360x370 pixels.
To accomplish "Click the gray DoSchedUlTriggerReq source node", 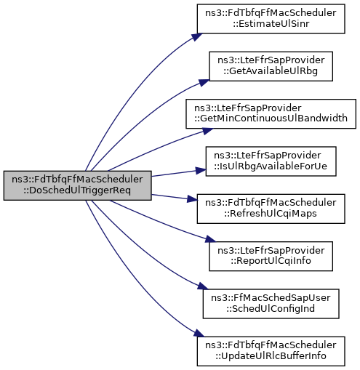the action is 78,185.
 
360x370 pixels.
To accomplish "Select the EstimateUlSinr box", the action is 271,19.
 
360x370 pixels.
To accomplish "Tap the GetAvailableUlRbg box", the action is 271,66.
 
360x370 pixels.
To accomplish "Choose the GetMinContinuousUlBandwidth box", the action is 271,113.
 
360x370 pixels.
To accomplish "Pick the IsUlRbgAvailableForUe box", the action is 271,161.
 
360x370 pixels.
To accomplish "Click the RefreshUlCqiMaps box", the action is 271,209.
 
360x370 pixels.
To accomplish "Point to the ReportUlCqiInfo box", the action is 271,256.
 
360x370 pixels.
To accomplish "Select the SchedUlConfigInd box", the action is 271,304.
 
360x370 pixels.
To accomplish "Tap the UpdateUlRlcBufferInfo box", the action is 271,351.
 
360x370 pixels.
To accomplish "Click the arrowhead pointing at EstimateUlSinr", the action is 197,37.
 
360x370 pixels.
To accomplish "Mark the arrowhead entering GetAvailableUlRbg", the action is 204,83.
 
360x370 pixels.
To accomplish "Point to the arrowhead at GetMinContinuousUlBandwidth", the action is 207,131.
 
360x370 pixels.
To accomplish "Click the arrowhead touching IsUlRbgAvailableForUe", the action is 201,170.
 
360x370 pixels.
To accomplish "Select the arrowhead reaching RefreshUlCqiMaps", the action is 192,199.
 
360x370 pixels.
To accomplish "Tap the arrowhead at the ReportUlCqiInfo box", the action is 210,239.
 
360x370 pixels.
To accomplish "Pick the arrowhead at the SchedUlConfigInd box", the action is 203,286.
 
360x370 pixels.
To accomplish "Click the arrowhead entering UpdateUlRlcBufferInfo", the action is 199,333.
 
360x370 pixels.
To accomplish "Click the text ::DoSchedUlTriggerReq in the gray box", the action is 77,190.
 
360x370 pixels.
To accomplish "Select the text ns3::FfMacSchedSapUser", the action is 271,298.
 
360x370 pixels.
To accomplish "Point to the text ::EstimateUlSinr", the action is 271,24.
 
